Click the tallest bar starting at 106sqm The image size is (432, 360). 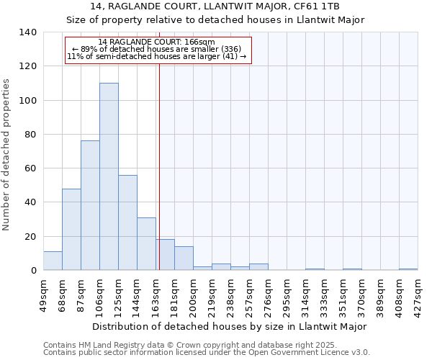[x=109, y=176]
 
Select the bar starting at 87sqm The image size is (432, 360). [x=90, y=205]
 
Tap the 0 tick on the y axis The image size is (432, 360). [x=33, y=271]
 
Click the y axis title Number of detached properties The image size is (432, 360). [x=7, y=155]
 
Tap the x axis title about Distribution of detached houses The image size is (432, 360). [x=230, y=326]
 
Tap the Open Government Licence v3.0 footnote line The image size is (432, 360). [x=206, y=353]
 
